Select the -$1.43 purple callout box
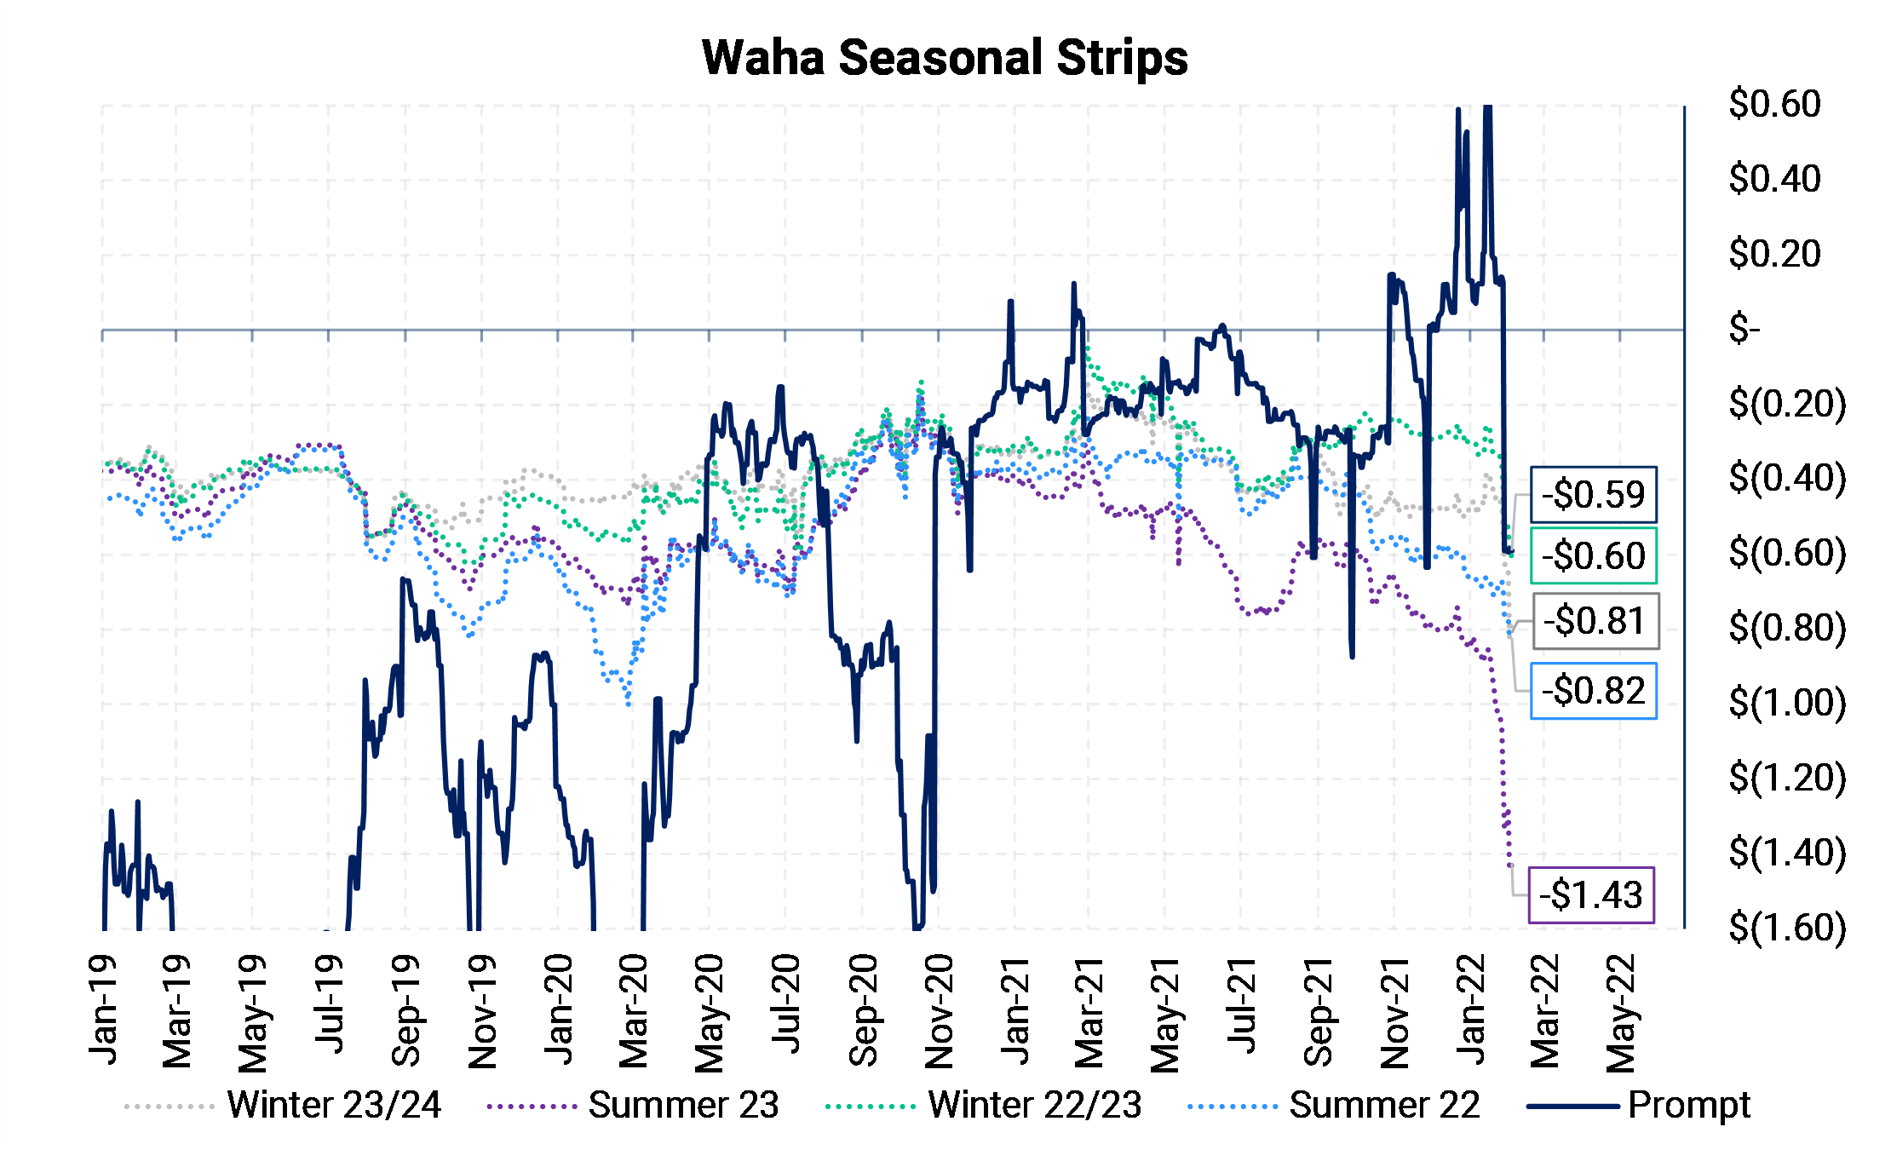(1591, 895)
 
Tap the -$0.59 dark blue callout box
(1593, 495)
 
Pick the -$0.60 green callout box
(1593, 556)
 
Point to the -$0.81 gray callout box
(1595, 621)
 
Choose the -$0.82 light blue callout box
(1593, 691)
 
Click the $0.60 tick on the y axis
(1774, 104)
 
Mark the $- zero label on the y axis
(1744, 329)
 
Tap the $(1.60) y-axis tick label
(1786, 927)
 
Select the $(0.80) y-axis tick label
(1786, 628)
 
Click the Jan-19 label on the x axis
(104, 1011)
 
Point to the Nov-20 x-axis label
(939, 1011)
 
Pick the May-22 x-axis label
(1621, 1011)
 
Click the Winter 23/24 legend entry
(333, 1106)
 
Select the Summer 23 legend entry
(683, 1106)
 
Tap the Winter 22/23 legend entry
(1034, 1106)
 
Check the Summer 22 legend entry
(1384, 1106)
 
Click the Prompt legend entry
(1688, 1106)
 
